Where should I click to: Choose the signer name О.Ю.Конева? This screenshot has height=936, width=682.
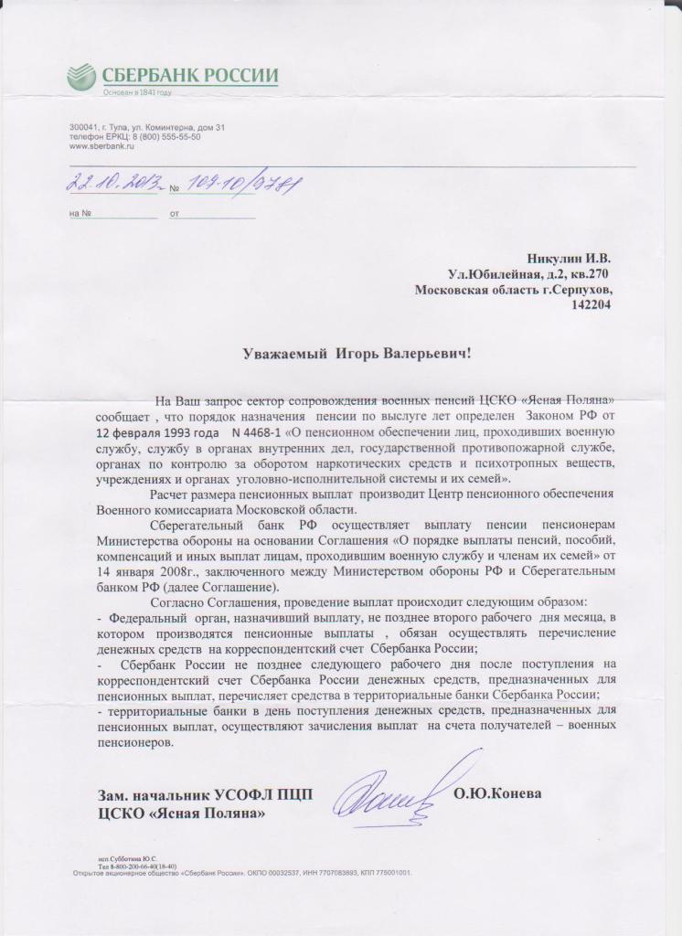click(497, 792)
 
